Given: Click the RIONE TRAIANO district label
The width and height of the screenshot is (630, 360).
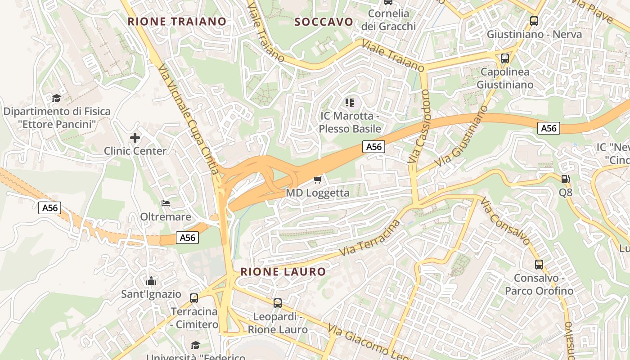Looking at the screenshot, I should click(x=177, y=21).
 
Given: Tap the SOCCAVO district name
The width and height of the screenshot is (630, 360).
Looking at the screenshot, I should click(x=324, y=22).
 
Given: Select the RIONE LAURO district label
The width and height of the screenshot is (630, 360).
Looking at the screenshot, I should click(x=283, y=271).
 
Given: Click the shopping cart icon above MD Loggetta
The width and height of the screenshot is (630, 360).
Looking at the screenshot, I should click(x=317, y=180).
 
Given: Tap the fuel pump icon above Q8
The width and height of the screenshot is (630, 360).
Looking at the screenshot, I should click(x=565, y=179).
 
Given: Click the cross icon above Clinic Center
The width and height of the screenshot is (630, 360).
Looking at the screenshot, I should click(x=135, y=137).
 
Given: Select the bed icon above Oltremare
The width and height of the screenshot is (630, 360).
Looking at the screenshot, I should click(x=166, y=203).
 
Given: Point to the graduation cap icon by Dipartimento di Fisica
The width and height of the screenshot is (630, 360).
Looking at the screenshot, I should click(x=56, y=98).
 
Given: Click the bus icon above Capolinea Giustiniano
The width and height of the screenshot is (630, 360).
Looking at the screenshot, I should click(x=504, y=58).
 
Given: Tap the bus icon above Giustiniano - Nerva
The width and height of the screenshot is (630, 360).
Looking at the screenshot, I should click(x=534, y=21).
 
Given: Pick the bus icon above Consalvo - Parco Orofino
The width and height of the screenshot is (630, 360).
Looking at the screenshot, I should click(x=539, y=264).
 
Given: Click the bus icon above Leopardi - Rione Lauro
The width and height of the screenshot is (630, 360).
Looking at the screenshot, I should click(x=278, y=303).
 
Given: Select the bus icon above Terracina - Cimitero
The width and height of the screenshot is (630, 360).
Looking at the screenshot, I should click(x=194, y=298).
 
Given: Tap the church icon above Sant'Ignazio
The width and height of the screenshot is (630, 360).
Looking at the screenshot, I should click(x=151, y=281).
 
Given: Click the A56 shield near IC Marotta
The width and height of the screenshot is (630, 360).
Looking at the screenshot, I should click(x=374, y=146).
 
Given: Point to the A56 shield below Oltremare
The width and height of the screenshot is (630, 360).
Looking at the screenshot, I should click(x=187, y=238).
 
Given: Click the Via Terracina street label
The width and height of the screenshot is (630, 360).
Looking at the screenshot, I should click(x=370, y=238).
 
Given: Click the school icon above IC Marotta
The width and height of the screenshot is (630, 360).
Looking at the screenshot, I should click(x=350, y=103).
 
